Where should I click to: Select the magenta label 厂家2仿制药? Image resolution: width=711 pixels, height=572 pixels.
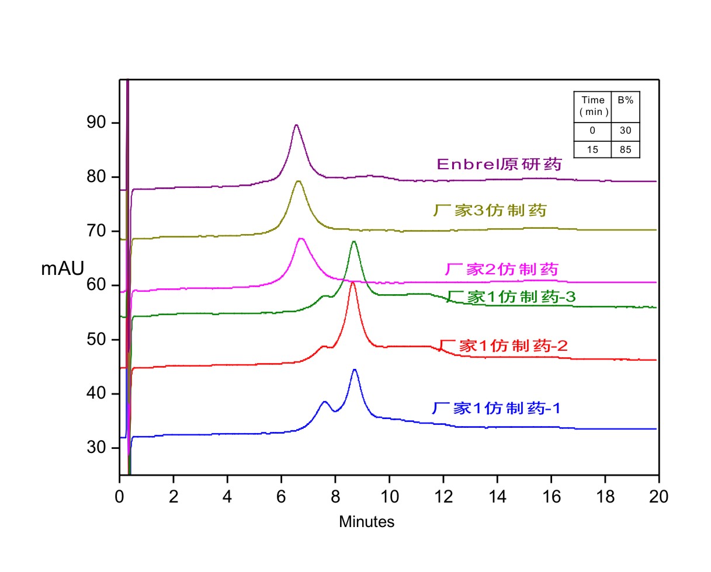coord(502,270)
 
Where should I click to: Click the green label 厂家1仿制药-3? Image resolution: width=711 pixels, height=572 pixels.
coord(511,297)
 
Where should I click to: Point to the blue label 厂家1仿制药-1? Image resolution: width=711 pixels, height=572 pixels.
coord(497,408)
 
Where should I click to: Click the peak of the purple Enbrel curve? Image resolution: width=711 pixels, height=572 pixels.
coord(296,125)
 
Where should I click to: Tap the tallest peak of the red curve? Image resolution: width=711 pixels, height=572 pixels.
coord(353,282)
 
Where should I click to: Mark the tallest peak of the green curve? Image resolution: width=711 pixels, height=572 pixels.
coord(354,242)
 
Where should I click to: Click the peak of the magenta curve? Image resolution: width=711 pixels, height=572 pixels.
coord(301,239)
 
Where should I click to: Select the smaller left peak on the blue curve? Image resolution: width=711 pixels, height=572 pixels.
coord(325,402)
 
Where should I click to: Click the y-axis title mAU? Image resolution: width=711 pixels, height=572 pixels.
coord(63,268)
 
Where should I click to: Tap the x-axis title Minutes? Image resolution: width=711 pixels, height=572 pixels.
coord(367,522)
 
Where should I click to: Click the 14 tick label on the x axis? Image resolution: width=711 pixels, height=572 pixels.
coord(497,497)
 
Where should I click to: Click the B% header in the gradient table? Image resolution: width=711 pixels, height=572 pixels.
coord(626,100)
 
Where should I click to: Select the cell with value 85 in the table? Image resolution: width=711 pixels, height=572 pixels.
coord(626,149)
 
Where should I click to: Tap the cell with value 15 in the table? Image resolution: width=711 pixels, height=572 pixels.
coord(592,149)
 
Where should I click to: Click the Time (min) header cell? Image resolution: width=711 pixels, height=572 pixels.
coord(592,106)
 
